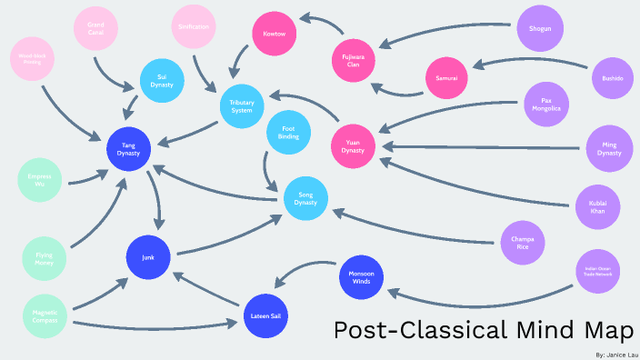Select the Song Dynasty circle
point(305,198)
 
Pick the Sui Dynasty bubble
point(163,81)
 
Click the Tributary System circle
point(242,106)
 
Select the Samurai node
point(446,79)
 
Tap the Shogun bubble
point(539,29)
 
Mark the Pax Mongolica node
point(546,104)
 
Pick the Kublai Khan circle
point(597,206)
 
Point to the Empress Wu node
point(39,180)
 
